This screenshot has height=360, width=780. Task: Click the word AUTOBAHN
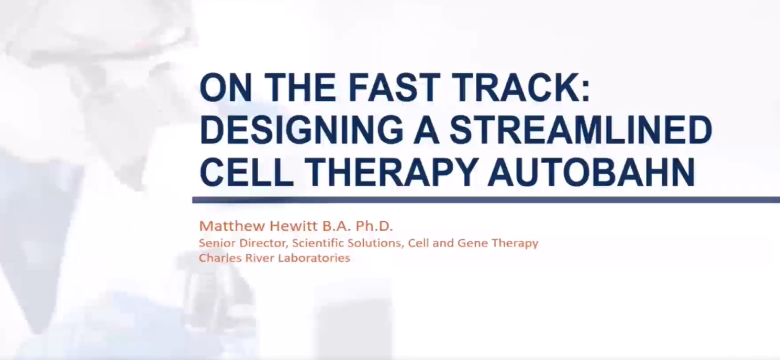591,172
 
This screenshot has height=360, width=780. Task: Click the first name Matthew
232,226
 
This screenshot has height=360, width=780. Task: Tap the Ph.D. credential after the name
374,226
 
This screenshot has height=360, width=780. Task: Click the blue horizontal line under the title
486,200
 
